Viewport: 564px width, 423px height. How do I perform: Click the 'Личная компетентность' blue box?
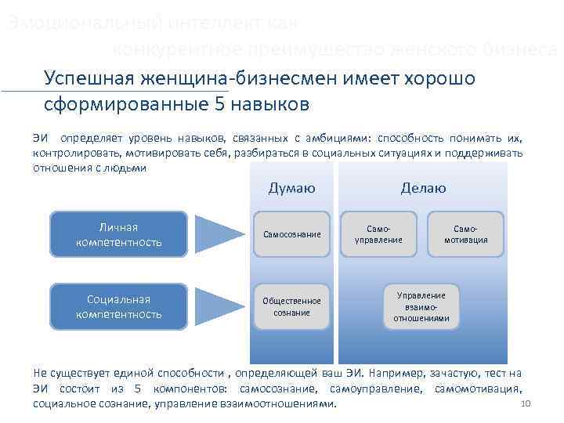119,234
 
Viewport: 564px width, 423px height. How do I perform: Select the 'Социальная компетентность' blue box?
119,306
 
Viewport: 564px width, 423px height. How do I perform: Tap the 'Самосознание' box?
291,234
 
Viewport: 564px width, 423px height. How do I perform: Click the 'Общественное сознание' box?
291,306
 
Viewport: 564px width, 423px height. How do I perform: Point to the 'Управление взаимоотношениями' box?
421,306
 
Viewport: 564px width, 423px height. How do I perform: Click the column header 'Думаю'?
291,188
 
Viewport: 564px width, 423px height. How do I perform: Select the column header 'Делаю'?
423,188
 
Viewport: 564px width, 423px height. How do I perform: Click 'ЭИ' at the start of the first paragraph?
41,138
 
